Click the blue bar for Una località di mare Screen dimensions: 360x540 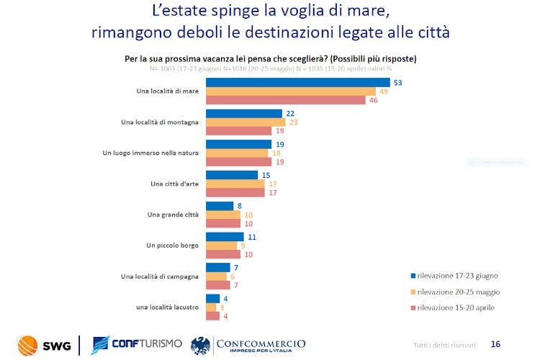pos(298,82)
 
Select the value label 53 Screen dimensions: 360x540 pos(397,83)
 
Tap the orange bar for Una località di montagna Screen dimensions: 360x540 pos(246,122)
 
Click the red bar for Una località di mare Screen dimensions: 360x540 pos(287,100)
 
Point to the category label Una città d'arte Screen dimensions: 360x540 pos(175,184)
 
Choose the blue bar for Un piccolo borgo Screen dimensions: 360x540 pos(225,236)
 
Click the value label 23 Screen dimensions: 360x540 pos(293,122)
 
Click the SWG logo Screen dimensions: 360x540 pos(44,346)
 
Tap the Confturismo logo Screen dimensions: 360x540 pos(138,346)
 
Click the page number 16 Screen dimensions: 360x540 pos(495,344)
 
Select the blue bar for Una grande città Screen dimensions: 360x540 pos(220,205)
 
